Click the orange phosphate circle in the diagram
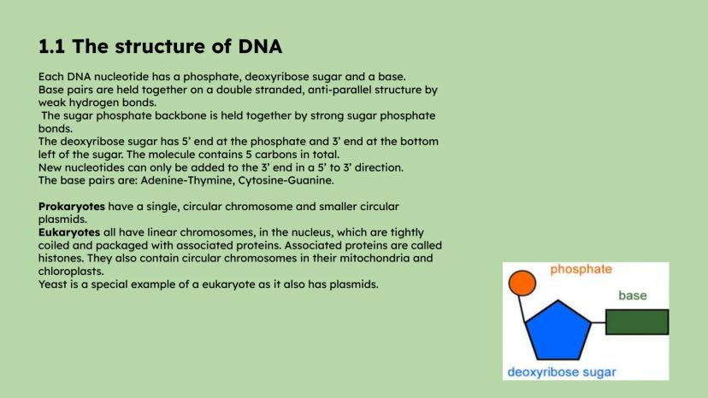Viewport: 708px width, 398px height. [522, 283]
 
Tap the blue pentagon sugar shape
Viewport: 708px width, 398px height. [558, 331]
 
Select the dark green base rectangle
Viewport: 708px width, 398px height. [637, 322]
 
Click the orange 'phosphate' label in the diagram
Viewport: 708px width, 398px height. [581, 269]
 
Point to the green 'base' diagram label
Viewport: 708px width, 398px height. [632, 296]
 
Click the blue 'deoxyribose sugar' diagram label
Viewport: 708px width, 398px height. [561, 372]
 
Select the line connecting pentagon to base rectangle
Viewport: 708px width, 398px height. [599, 322]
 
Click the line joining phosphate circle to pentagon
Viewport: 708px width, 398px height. [522, 309]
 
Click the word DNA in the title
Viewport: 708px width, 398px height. [260, 46]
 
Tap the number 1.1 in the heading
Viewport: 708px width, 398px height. [51, 46]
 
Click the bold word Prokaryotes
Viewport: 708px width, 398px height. [71, 207]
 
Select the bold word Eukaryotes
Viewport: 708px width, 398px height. [69, 232]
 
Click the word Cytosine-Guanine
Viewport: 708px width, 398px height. [286, 180]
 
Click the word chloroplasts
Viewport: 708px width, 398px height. [71, 272]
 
